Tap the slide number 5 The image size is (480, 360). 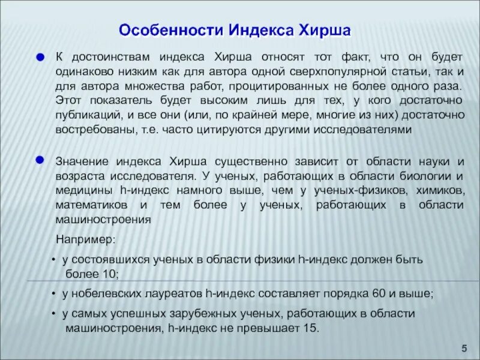coord(464,349)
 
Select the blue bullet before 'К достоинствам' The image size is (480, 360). coord(40,58)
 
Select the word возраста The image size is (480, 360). coord(79,176)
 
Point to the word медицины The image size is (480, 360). coord(83,190)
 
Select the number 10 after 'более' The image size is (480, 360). coord(109,274)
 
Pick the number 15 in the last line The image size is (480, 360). coord(310,328)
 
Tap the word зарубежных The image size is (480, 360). coord(204,314)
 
